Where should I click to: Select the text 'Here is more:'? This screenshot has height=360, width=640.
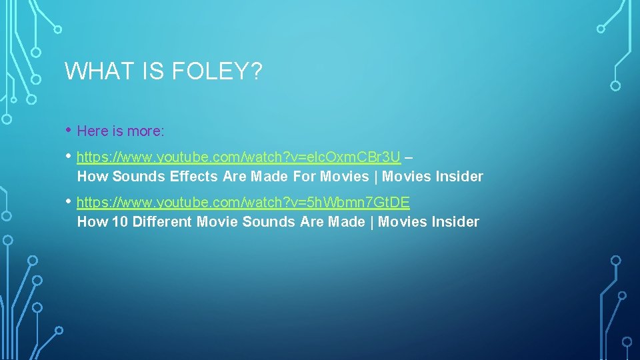(x=121, y=131)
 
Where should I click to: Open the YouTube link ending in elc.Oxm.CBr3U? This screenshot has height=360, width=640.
(x=239, y=157)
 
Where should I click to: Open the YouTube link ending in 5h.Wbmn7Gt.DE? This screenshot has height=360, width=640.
(x=243, y=202)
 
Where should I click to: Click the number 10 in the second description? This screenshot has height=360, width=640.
(x=120, y=222)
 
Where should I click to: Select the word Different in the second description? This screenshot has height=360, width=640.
(x=162, y=222)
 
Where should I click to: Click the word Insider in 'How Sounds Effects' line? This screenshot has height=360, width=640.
(x=459, y=177)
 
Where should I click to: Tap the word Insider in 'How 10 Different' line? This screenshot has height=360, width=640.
(x=455, y=222)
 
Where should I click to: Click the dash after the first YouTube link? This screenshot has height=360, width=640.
(x=409, y=158)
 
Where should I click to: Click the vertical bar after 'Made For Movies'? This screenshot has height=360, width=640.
(x=375, y=177)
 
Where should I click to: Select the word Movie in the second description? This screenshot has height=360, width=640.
(x=217, y=222)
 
